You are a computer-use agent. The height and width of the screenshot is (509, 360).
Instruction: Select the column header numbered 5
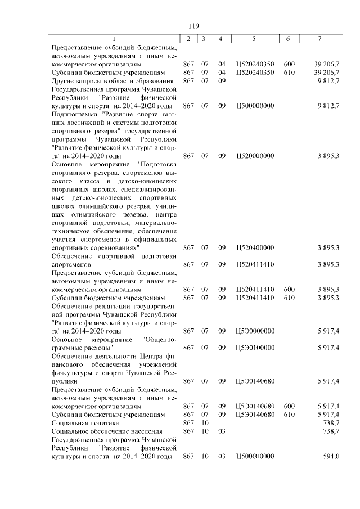(x=254, y=38)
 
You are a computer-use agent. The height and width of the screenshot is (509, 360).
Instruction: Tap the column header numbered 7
(x=319, y=38)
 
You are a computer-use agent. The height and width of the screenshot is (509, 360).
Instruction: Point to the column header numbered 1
(x=115, y=38)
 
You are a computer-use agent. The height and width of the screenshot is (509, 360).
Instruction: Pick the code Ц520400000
(x=255, y=247)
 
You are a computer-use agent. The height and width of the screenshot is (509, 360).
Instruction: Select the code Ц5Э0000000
(x=255, y=331)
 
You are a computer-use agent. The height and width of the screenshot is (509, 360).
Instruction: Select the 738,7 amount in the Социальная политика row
(x=328, y=422)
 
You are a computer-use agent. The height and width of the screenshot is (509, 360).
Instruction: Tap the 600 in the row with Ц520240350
(x=290, y=64)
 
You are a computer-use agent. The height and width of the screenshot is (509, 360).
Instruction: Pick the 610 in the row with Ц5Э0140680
(x=290, y=414)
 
